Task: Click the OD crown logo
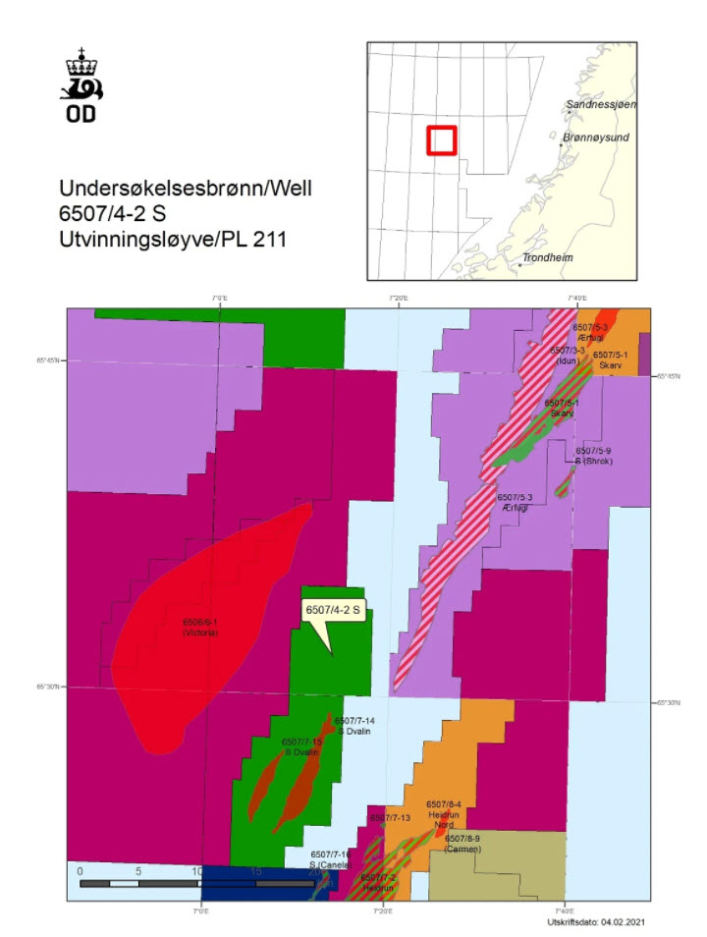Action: (x=84, y=88)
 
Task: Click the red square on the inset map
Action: (x=442, y=140)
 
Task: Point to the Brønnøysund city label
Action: (x=598, y=139)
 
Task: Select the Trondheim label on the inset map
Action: (x=548, y=257)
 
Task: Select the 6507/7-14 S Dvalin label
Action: (x=354, y=726)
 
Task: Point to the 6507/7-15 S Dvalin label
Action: (x=301, y=746)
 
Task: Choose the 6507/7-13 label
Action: (x=390, y=817)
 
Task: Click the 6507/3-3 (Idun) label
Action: (x=568, y=355)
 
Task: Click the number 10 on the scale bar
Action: (x=197, y=870)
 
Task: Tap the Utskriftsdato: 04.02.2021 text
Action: (x=596, y=921)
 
